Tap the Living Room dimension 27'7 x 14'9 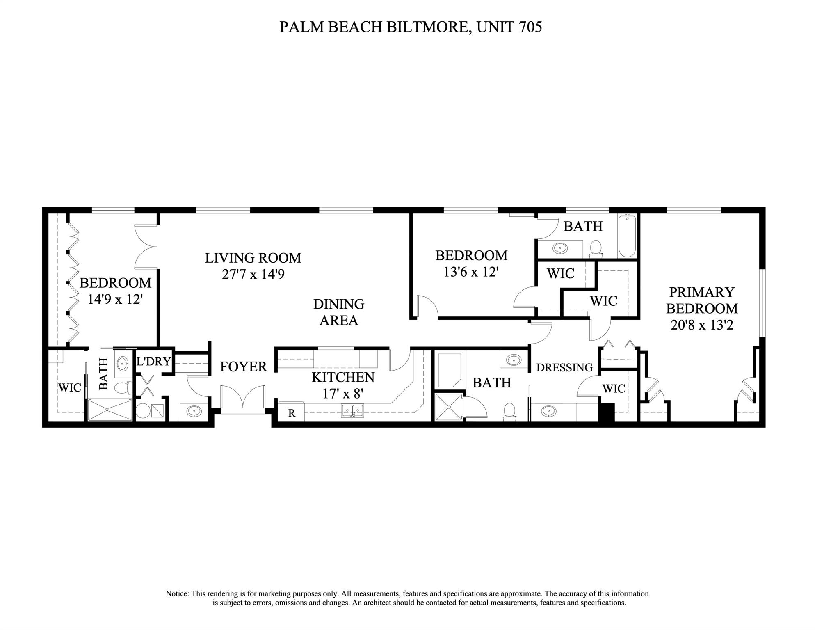[253, 274]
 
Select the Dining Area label [338, 312]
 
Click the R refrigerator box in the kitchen [292, 412]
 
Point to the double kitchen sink [352, 410]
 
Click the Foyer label [243, 367]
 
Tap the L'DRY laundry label [153, 362]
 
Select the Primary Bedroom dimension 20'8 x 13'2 [702, 325]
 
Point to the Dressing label [564, 367]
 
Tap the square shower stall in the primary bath [448, 407]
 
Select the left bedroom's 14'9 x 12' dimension [115, 299]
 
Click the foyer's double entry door [243, 398]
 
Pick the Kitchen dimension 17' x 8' [343, 394]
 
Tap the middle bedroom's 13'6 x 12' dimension [471, 272]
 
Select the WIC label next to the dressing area [614, 388]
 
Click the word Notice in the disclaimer [177, 593]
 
